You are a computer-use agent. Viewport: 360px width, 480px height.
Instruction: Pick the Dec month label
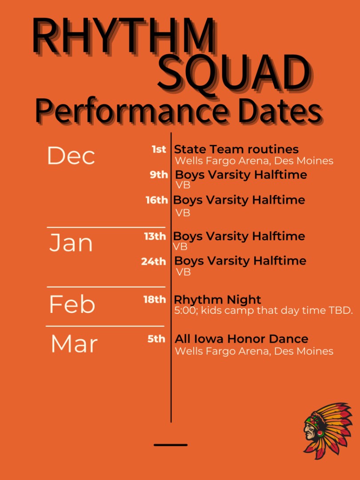[71, 156]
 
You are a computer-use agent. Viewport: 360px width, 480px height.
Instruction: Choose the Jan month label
[71, 243]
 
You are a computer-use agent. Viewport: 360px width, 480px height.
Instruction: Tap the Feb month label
[72, 304]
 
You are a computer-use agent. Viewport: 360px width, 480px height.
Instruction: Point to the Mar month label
[74, 344]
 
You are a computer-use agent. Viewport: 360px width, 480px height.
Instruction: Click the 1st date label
[159, 149]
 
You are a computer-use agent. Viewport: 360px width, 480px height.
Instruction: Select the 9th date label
[159, 175]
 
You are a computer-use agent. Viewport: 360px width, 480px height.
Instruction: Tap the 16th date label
[156, 200]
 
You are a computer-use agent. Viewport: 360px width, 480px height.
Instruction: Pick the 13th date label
[155, 236]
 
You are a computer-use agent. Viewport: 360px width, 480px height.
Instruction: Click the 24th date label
[153, 261]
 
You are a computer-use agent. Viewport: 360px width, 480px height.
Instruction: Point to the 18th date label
[155, 300]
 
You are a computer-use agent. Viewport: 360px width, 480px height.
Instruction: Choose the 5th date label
[156, 339]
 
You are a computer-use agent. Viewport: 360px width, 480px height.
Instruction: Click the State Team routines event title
[236, 149]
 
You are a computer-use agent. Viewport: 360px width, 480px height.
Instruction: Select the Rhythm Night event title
[217, 300]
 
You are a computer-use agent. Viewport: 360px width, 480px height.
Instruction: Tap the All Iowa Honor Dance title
[241, 339]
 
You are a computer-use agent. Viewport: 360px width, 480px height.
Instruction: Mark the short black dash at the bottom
[171, 445]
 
